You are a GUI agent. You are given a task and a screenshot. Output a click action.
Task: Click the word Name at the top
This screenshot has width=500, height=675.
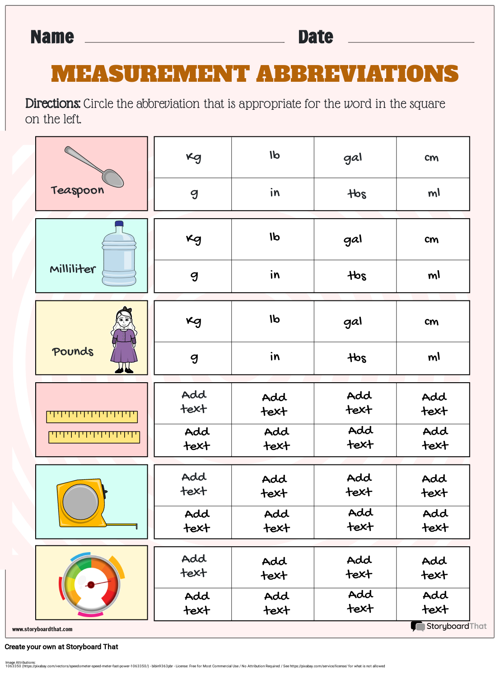pos(52,37)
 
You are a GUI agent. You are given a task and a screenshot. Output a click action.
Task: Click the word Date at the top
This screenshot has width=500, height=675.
pos(315,37)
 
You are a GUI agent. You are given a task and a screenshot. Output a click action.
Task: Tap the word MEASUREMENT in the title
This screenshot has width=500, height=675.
pos(150,74)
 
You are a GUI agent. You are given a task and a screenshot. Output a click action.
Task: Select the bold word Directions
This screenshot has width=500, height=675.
pos(52,103)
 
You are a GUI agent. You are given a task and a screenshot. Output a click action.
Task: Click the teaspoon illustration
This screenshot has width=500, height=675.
pos(94,167)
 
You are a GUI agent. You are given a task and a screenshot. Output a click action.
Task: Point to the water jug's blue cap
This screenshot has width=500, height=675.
pos(119,224)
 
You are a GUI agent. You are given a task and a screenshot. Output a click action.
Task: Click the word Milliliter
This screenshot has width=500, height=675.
pos(73,269)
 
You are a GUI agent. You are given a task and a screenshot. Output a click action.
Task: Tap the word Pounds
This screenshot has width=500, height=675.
pos(73,352)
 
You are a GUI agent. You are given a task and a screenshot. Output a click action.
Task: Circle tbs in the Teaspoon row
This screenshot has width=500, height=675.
pos(357,194)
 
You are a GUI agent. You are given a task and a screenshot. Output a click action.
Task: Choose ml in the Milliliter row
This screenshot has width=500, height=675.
pos(434,275)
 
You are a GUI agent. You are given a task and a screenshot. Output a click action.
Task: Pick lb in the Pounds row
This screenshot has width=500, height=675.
pos(274,319)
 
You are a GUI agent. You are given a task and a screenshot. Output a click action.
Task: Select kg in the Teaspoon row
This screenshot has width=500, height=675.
pos(193,157)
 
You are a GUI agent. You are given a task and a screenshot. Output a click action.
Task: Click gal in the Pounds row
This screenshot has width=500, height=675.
pos(353,322)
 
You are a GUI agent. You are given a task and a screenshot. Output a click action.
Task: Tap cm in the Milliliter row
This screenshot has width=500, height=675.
pos(431,239)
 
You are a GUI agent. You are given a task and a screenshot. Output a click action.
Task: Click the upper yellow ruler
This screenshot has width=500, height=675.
pos(92,417)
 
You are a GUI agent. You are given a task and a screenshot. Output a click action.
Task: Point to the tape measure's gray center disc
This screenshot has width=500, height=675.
pos(80,502)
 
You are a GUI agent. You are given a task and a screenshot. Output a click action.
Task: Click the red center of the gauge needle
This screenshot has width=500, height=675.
pos(91,585)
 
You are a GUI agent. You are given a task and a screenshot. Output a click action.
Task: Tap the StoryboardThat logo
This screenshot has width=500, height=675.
pos(449,626)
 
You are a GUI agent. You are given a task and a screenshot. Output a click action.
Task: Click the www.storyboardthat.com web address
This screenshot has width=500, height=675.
pos(42,629)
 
